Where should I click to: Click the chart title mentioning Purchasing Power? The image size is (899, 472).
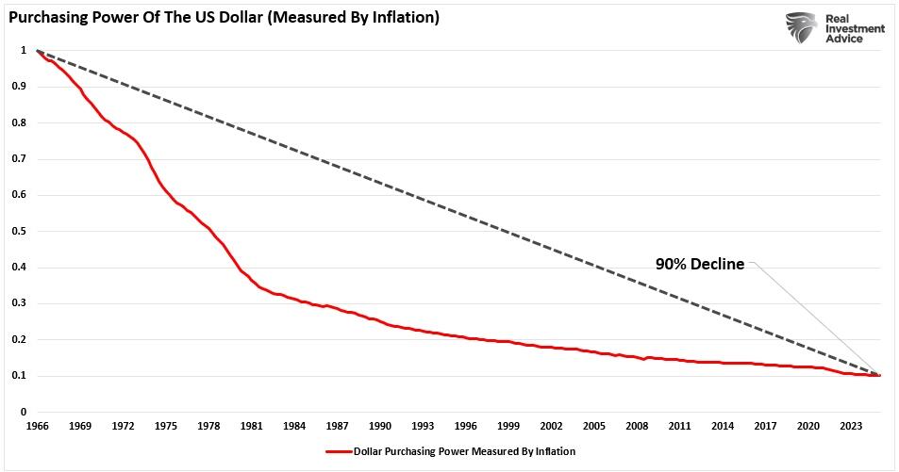[x=224, y=18]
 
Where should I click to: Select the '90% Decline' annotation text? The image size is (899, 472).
[x=699, y=265]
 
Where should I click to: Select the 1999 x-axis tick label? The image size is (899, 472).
[x=508, y=427]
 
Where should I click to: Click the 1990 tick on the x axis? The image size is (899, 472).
[x=381, y=427]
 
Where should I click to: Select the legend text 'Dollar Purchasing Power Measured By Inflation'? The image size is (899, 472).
[x=464, y=451]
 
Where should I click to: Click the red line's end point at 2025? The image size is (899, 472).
[x=880, y=375]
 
